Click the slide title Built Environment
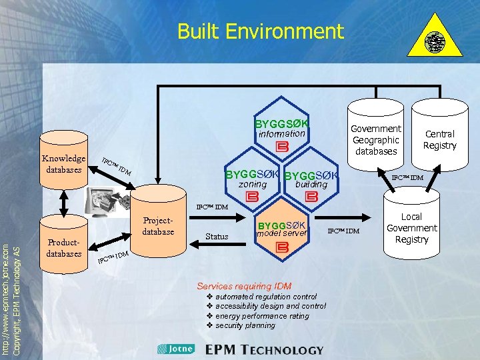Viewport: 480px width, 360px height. (260, 31)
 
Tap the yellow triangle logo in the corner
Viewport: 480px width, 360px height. (435, 43)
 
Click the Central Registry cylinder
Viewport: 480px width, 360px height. (439, 139)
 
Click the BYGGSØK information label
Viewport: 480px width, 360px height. (281, 128)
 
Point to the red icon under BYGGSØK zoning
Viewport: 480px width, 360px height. (251, 197)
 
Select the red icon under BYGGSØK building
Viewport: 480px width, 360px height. (310, 197)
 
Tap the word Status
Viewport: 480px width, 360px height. (217, 237)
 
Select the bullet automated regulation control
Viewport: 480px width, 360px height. (266, 297)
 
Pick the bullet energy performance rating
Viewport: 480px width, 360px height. (262, 316)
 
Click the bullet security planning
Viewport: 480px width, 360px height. (245, 325)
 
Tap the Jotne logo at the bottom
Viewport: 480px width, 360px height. (176, 349)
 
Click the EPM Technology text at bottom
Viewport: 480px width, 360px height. (264, 349)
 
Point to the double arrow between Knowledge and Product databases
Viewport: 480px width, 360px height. (64, 203)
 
